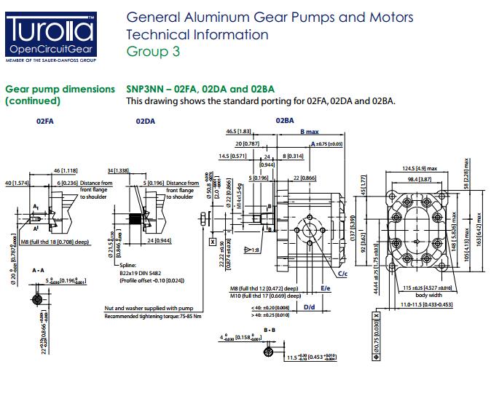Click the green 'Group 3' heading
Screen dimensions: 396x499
[152, 51]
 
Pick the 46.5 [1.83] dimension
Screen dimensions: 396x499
[239, 131]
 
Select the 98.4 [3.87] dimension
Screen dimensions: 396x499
[419, 179]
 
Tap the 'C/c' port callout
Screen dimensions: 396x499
[342, 274]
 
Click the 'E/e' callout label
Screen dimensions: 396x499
[326, 288]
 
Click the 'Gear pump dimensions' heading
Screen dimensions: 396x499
[60, 89]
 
